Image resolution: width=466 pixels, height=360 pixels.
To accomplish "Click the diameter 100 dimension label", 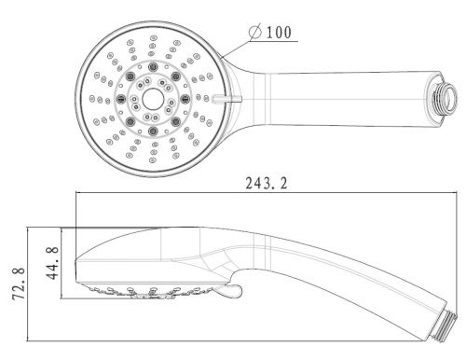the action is (x=270, y=32).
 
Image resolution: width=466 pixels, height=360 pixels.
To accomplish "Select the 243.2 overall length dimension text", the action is (x=267, y=183).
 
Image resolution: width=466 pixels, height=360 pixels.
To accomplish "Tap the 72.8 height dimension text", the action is (x=19, y=284).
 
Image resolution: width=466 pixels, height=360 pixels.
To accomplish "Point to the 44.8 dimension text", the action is (x=52, y=263).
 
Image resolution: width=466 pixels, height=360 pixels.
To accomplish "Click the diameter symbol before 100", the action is (x=255, y=33).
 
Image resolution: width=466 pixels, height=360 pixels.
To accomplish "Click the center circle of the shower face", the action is (x=153, y=99).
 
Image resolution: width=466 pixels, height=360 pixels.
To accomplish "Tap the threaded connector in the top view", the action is (x=445, y=96).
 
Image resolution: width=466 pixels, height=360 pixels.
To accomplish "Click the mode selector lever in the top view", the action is (x=226, y=99).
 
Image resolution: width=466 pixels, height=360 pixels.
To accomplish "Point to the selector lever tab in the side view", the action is (x=229, y=292).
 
